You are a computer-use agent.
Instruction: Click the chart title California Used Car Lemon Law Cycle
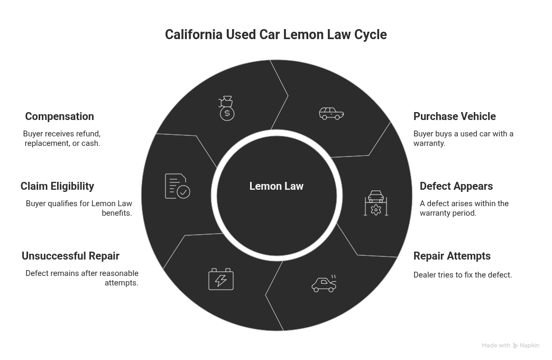[275, 35]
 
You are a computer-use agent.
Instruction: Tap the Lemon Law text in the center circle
[276, 186]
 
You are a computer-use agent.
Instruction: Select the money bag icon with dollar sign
[226, 108]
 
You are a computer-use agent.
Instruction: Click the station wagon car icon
[332, 113]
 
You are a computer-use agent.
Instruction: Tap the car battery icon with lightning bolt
[220, 279]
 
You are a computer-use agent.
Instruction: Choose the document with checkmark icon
[177, 186]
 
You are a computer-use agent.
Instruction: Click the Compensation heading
[59, 116]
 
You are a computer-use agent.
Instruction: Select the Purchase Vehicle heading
[455, 116]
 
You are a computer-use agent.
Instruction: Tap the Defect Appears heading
[456, 186]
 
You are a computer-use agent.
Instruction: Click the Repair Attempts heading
[452, 256]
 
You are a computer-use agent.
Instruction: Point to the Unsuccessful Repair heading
[70, 256]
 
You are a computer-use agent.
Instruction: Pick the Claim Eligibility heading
[57, 186]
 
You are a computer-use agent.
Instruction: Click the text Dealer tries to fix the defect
[463, 275]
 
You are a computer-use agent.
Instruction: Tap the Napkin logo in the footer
[526, 345]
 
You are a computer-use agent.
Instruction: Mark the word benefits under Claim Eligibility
[116, 213]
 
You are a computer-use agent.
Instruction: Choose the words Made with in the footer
[495, 345]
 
